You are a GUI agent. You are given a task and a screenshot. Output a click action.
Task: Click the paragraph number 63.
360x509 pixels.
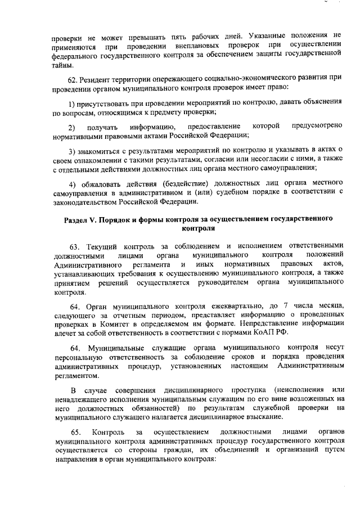pos(74,246)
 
